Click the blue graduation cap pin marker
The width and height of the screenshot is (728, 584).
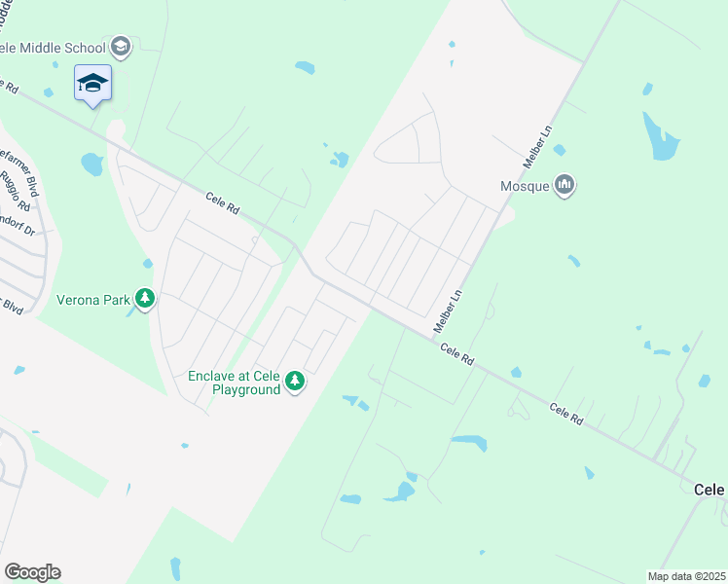(x=92, y=83)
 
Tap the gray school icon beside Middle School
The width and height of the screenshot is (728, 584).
(x=120, y=46)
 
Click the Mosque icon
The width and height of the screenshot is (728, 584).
(x=564, y=185)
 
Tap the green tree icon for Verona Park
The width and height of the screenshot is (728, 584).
(x=145, y=298)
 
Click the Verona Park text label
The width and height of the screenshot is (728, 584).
(x=92, y=300)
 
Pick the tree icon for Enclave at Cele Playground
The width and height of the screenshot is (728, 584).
(x=295, y=383)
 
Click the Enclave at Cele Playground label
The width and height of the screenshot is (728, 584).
(x=234, y=383)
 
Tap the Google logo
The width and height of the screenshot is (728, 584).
(x=32, y=572)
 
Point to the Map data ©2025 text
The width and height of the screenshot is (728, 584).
(x=686, y=576)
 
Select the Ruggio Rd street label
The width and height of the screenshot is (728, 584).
(x=16, y=192)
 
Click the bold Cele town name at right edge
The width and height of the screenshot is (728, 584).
(x=710, y=491)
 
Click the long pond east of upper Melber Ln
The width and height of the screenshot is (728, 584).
(x=661, y=136)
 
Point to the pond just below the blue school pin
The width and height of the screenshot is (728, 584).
(x=92, y=164)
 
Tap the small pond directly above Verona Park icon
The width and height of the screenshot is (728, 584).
(x=147, y=263)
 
